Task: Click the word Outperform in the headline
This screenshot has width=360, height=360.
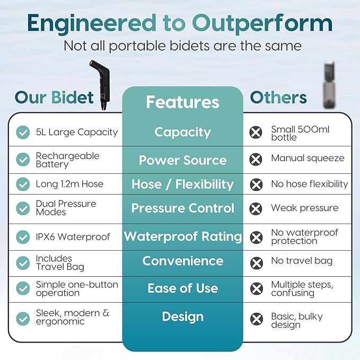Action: (262, 24)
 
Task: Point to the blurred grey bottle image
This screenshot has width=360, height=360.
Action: (329, 85)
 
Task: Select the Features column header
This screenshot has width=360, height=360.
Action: (183, 102)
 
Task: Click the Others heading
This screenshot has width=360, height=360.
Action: (278, 98)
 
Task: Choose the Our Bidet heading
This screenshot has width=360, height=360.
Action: (54, 98)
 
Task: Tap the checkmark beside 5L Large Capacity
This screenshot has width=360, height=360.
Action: (23, 132)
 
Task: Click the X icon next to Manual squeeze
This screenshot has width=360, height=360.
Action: (256, 159)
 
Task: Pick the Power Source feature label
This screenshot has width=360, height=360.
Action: (183, 160)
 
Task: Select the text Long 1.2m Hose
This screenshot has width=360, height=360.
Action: (69, 184)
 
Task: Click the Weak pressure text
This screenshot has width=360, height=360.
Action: (305, 208)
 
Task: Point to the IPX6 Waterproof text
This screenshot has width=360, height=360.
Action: (73, 237)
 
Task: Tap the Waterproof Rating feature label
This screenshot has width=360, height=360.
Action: (183, 236)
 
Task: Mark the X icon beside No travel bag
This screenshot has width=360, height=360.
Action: (256, 263)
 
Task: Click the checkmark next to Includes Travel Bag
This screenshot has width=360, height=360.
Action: (23, 263)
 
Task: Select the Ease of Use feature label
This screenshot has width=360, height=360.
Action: (183, 288)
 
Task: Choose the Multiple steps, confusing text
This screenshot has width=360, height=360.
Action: (302, 288)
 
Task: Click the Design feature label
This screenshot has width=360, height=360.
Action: (183, 317)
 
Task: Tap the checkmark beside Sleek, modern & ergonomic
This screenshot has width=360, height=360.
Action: (23, 319)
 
